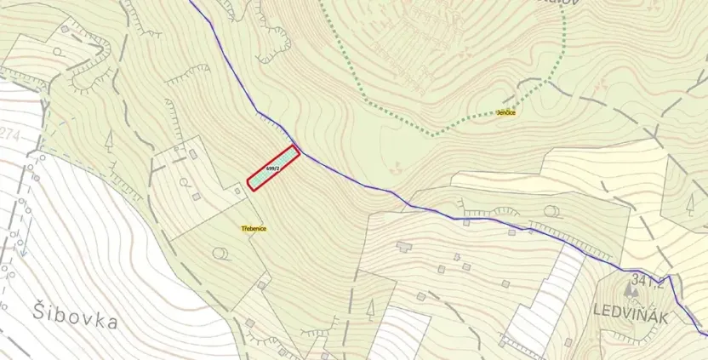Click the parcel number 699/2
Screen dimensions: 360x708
[x=272, y=169]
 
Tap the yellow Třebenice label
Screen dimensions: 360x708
[x=254, y=229]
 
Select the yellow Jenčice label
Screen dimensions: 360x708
[x=507, y=111]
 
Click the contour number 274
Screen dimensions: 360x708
[x=11, y=134]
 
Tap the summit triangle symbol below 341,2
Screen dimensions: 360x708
[x=631, y=292]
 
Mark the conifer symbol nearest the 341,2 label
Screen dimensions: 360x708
[x=689, y=205]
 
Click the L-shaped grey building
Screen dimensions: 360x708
[x=403, y=247]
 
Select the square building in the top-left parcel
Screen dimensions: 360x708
[x=65, y=27]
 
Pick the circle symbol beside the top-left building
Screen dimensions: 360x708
[x=56, y=51]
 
